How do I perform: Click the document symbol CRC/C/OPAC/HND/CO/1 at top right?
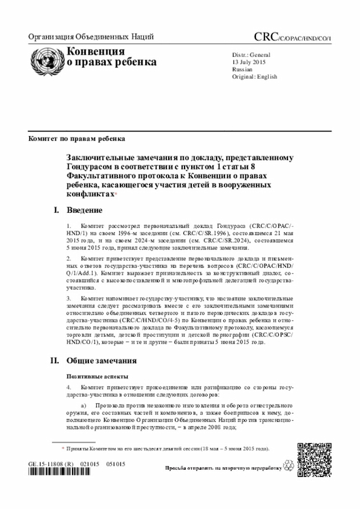click(x=292, y=38)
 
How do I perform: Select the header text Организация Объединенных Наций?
click(x=91, y=38)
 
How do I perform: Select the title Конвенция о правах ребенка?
click(x=111, y=57)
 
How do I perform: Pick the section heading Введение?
click(x=84, y=210)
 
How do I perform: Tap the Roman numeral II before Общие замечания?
click(x=56, y=360)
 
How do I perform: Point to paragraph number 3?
click(x=69, y=298)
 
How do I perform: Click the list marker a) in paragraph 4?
click(x=84, y=406)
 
